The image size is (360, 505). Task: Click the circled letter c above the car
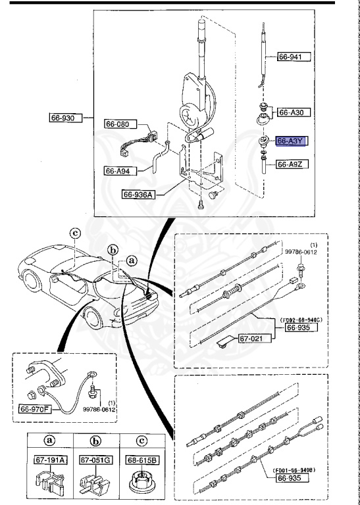coord(75,233)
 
